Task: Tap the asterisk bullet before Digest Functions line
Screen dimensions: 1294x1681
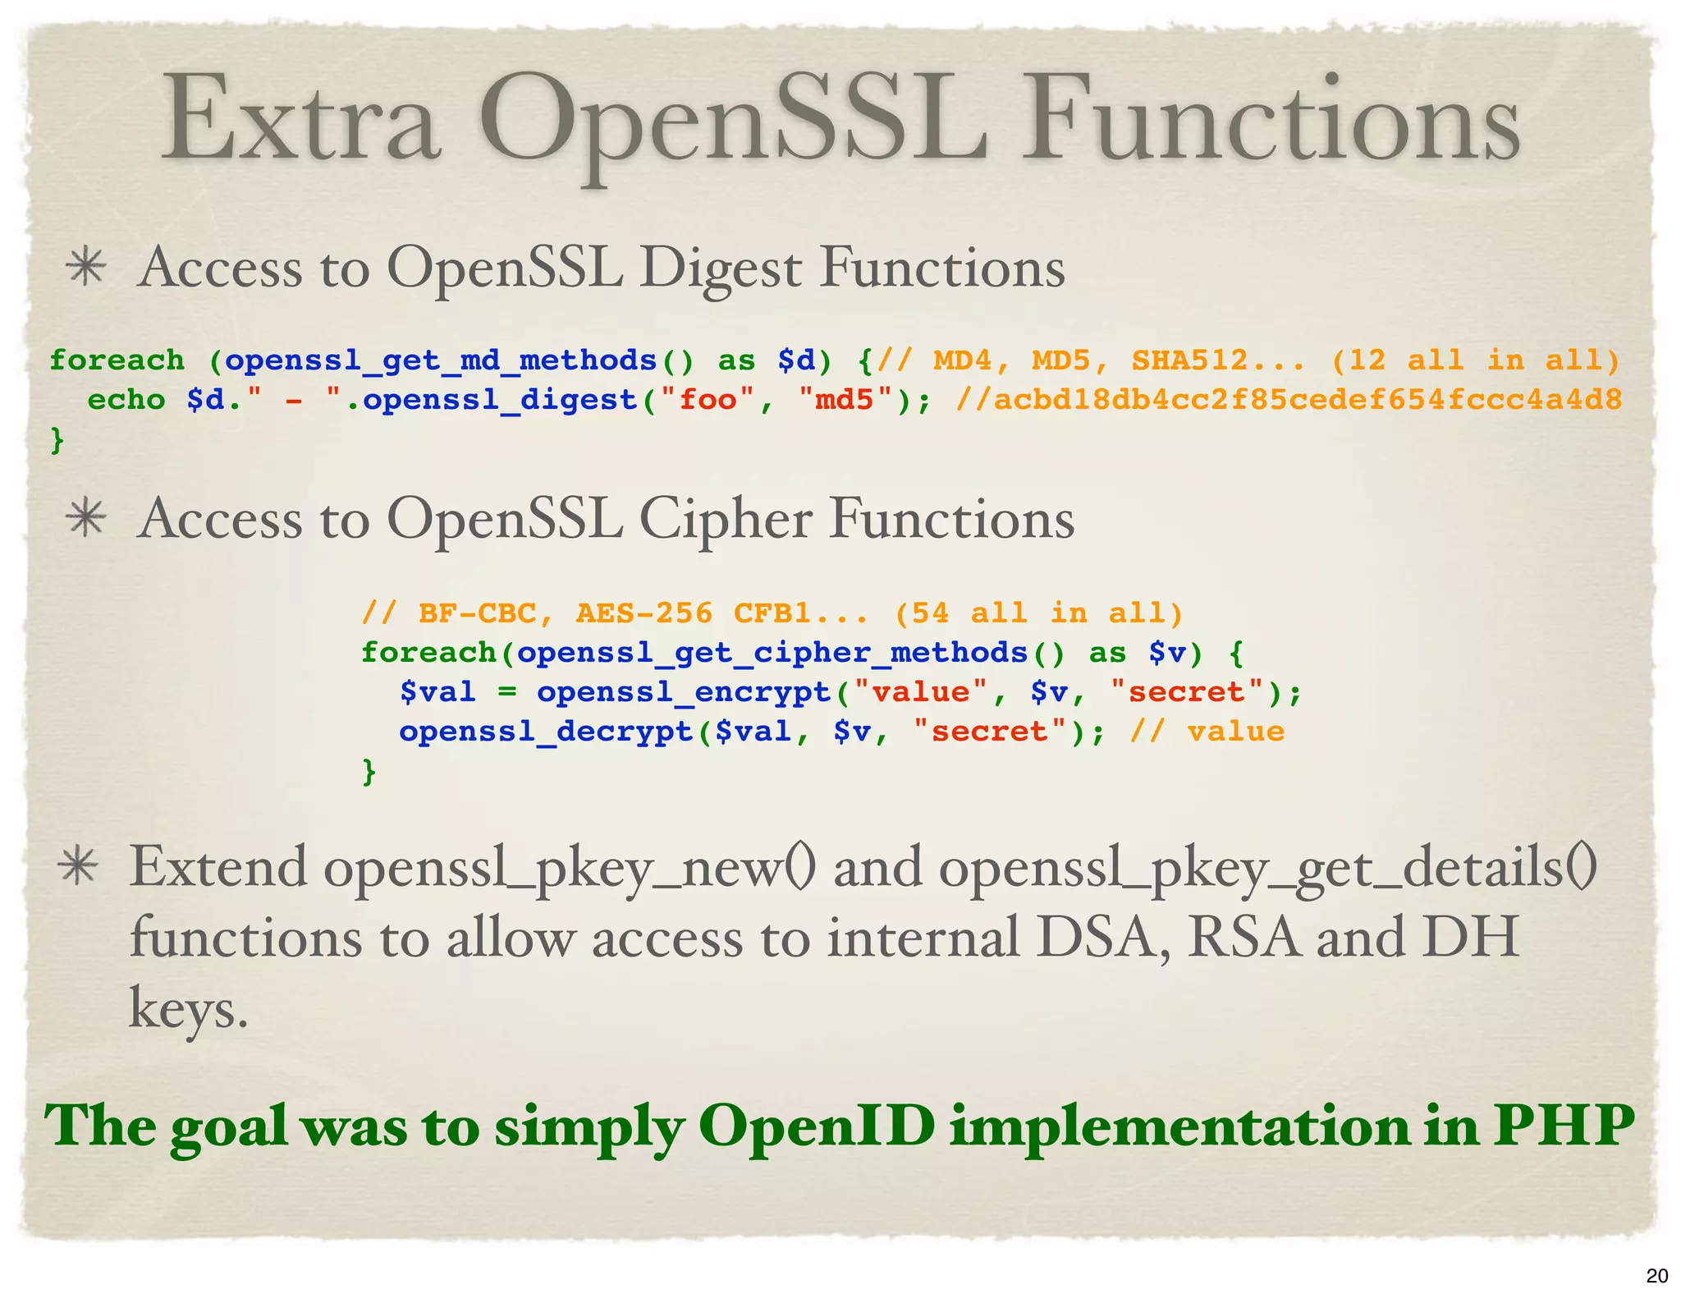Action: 86,268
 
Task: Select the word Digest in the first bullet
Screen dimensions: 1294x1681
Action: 720,269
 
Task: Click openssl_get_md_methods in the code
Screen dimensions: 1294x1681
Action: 440,360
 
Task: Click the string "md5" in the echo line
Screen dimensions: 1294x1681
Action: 845,400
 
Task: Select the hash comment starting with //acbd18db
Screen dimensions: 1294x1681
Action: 1289,400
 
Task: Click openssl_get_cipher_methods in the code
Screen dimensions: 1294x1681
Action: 772,653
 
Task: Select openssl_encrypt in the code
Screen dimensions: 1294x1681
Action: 684,692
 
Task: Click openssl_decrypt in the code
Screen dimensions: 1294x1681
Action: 546,732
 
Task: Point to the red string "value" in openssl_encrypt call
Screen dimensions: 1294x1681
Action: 920,692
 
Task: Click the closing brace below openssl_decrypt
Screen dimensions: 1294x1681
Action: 369,771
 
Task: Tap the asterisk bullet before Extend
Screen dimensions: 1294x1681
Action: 78,868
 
